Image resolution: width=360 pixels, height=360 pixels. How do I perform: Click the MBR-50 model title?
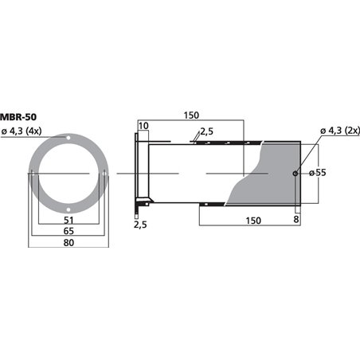(18, 117)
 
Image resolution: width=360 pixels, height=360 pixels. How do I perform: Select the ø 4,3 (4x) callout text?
(22, 131)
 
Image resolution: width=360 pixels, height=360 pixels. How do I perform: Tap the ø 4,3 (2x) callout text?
(340, 131)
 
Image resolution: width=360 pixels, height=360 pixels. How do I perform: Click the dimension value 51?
(68, 220)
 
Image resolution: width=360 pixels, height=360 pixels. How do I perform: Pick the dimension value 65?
(68, 231)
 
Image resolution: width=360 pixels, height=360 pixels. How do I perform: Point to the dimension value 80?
(68, 243)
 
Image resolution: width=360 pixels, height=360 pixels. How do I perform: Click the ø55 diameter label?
(318, 173)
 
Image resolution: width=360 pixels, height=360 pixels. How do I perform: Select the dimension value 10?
(143, 126)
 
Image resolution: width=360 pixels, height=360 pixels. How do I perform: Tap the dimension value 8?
(296, 220)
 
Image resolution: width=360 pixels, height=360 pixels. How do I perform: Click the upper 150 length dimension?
(191, 115)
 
